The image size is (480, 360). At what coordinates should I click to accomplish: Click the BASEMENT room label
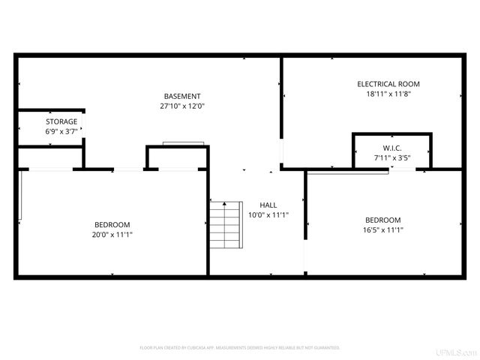(182, 96)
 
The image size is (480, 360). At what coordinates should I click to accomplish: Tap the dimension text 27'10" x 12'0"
(182, 106)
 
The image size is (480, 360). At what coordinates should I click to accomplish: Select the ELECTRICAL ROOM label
(388, 84)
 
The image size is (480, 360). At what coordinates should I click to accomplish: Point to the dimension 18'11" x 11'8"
(388, 94)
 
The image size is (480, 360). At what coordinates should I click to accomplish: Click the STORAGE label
(61, 121)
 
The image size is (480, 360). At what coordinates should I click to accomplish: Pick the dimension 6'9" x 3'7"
(61, 132)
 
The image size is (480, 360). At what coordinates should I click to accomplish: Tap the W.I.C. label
(392, 148)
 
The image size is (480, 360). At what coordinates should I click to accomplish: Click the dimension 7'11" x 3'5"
(392, 158)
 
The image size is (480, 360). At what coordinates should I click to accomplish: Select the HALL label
(268, 205)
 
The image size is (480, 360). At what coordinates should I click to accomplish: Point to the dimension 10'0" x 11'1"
(268, 215)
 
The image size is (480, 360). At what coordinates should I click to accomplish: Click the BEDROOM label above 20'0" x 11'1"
(112, 224)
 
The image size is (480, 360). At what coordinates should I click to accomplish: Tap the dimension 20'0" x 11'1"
(112, 235)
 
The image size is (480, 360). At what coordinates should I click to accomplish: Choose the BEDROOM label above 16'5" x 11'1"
(382, 220)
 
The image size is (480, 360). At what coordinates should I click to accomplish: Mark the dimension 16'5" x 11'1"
(382, 230)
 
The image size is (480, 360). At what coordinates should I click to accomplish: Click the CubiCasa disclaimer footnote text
(240, 348)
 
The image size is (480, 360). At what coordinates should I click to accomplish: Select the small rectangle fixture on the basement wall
(184, 143)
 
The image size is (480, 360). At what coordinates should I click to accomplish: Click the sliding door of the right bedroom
(347, 172)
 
